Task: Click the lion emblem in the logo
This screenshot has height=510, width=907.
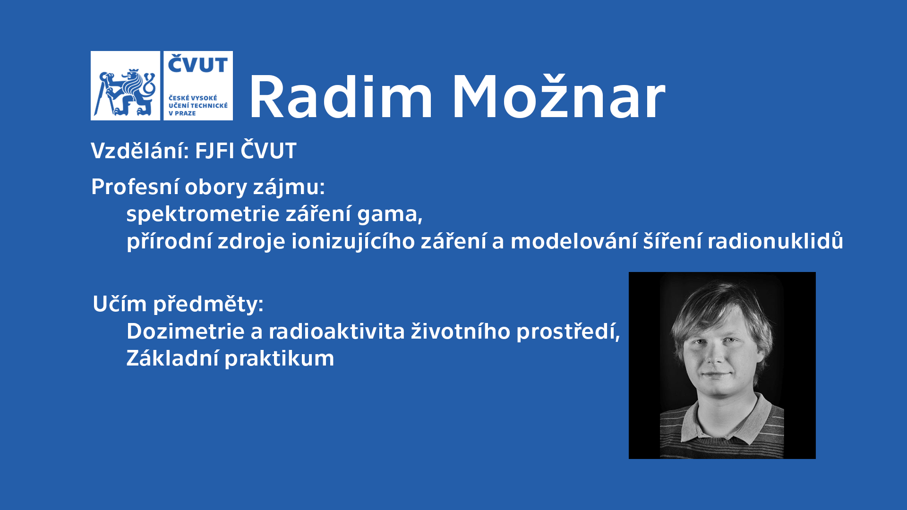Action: pos(125,92)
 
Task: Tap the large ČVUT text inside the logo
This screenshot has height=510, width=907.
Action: pos(198,64)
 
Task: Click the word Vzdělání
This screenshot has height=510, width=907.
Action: pos(140,151)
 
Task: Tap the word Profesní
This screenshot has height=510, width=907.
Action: pos(135,187)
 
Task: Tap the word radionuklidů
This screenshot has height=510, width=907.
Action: pos(775,241)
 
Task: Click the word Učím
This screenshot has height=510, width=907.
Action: pos(120,304)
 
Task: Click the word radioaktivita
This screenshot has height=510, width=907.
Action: pos(337,331)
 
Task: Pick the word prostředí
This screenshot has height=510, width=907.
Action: pos(568,331)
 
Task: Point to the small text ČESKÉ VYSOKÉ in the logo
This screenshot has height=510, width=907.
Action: pos(193,98)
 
